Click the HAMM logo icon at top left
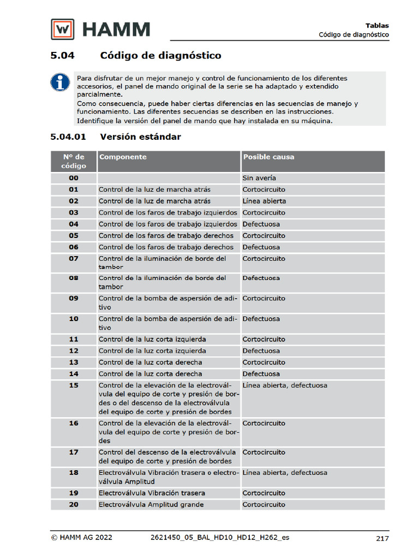point(63,29)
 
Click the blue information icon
point(60,82)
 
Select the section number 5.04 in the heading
point(62,56)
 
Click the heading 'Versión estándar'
point(140,137)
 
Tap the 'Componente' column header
point(123,157)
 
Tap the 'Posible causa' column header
point(268,157)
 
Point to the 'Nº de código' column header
point(74,162)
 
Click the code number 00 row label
point(74,178)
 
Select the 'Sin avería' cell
point(259,178)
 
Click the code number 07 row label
point(74,259)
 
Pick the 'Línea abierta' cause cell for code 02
point(264,201)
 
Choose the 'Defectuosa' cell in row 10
point(261,319)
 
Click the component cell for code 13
point(151,362)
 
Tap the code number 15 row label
point(74,385)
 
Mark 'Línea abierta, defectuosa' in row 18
point(285,473)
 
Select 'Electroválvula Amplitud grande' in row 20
point(151,504)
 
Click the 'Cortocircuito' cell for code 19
point(264,493)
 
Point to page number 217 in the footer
point(382,538)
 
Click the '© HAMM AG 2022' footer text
point(82,538)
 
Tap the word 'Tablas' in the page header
point(377,25)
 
